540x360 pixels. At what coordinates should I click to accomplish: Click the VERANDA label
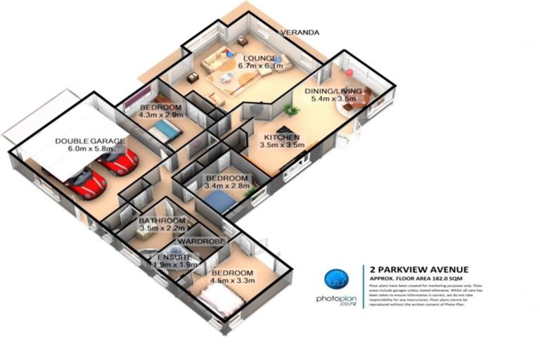point(300,32)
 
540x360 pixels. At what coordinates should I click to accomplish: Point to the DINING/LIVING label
point(333,91)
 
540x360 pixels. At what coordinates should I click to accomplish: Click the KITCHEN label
point(282,136)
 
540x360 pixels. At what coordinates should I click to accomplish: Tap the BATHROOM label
point(161,220)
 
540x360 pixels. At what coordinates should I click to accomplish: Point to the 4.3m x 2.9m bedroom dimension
point(161,114)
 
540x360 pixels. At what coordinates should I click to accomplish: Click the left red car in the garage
point(86,185)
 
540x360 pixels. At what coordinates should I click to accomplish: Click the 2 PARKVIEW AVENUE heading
point(416,269)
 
